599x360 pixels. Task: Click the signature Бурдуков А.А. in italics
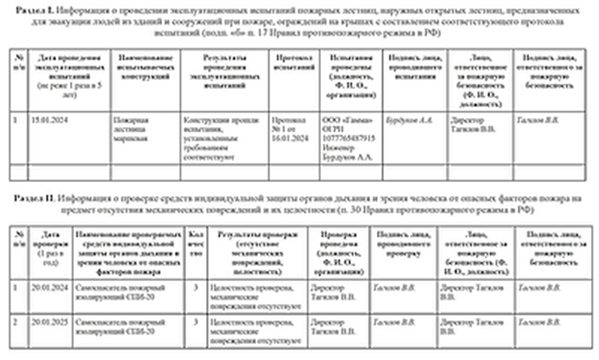[x=409, y=118]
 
